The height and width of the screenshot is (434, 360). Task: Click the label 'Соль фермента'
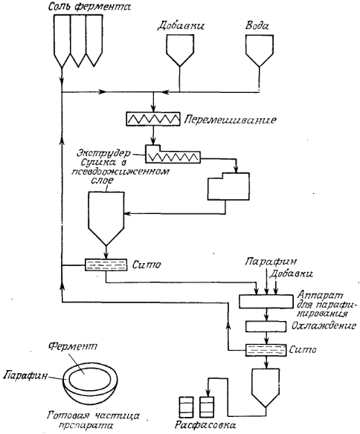click(89, 7)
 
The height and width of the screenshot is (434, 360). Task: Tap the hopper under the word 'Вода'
click(260, 50)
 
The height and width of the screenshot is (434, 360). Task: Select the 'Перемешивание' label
click(230, 120)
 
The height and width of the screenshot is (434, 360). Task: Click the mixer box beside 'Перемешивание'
click(153, 119)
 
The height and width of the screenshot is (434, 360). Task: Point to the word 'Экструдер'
click(103, 153)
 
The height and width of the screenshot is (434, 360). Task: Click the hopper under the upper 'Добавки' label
click(179, 50)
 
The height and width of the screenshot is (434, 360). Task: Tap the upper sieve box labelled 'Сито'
click(106, 265)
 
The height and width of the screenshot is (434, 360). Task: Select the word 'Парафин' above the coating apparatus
click(271, 262)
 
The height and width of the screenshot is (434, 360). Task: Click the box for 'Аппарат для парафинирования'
click(266, 302)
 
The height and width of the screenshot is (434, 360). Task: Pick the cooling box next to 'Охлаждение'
click(266, 326)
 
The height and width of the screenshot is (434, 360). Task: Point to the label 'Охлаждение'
click(324, 325)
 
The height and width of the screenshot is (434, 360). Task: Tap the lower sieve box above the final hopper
click(266, 350)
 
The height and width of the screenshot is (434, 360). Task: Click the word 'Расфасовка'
click(205, 424)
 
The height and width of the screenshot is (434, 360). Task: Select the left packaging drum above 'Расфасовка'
click(187, 407)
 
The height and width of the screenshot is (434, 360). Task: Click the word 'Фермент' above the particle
click(73, 346)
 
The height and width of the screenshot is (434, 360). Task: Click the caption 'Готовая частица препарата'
click(93, 420)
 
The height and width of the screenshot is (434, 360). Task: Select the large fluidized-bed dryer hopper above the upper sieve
click(106, 218)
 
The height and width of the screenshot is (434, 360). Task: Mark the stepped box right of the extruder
click(228, 187)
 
